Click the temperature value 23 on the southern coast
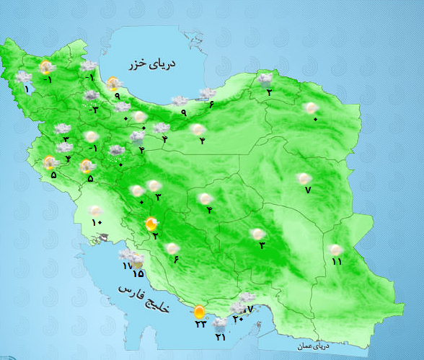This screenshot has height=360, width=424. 200,324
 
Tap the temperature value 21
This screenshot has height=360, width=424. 220,337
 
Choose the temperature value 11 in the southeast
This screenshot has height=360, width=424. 336,261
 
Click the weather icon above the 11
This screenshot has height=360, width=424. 335,250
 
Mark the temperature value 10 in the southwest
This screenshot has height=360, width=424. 97,221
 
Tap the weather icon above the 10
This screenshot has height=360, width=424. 95,210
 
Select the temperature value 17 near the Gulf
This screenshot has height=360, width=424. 127,266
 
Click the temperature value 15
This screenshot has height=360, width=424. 138,274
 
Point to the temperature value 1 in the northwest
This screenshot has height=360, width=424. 27,89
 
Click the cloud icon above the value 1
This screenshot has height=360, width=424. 24,76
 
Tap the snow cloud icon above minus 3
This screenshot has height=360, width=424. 92,96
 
